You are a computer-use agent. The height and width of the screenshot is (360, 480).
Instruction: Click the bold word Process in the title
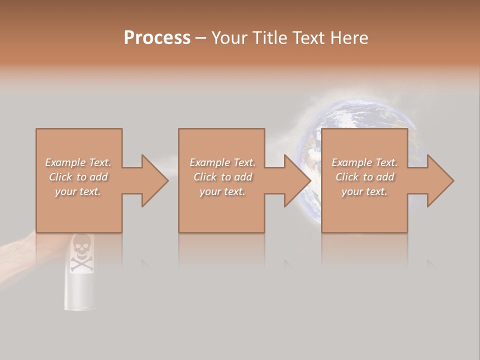tap(157, 38)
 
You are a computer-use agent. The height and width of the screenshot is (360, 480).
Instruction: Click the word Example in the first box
tap(65, 162)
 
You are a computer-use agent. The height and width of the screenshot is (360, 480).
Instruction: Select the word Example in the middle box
tap(209, 162)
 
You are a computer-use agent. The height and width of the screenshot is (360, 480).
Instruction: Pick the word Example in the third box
tap(351, 162)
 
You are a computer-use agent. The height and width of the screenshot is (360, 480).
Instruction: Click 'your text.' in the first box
tap(77, 191)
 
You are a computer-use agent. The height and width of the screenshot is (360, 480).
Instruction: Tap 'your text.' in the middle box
tap(222, 191)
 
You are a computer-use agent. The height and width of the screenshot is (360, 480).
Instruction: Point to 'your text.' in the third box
tap(364, 191)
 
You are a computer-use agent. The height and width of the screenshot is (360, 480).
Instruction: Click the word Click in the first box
tap(60, 177)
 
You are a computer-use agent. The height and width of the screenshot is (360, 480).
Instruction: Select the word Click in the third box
tap(347, 177)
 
